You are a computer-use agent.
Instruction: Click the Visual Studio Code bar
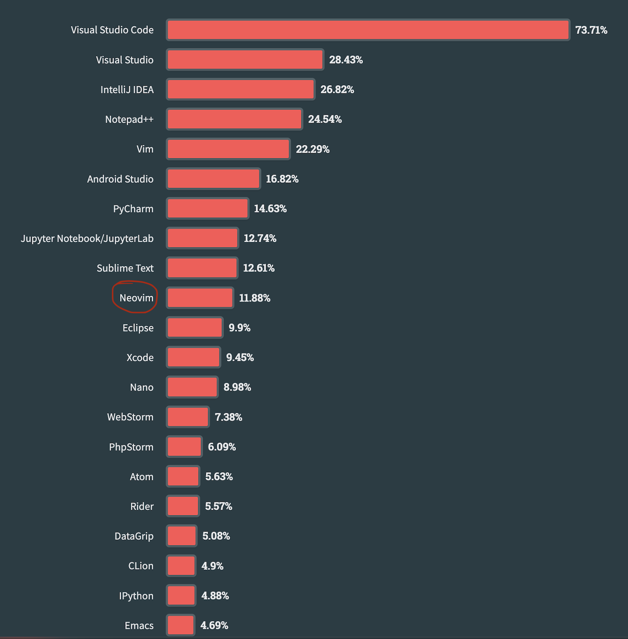(x=368, y=30)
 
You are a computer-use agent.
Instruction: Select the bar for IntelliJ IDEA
(x=241, y=90)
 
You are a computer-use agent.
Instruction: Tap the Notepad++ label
(x=129, y=119)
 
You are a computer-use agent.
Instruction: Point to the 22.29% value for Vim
(x=313, y=149)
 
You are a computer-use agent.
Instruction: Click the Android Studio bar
(x=213, y=179)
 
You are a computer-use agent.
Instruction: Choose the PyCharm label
(x=133, y=209)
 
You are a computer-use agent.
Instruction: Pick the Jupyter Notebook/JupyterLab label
(x=87, y=239)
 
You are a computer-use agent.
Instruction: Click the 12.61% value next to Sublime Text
(x=259, y=268)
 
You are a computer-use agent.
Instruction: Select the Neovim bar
(x=200, y=298)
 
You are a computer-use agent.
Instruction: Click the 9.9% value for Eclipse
(x=239, y=328)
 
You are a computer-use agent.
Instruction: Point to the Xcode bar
(x=193, y=357)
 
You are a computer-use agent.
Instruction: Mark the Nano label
(x=142, y=387)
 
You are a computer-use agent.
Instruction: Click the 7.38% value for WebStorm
(x=228, y=417)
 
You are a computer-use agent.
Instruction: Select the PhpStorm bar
(x=184, y=447)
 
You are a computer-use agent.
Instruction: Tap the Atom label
(x=142, y=477)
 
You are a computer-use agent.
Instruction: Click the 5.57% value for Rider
(x=218, y=506)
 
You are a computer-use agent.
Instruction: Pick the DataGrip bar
(x=181, y=536)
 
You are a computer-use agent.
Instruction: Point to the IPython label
(x=136, y=596)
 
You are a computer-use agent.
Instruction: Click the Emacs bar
(x=180, y=625)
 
